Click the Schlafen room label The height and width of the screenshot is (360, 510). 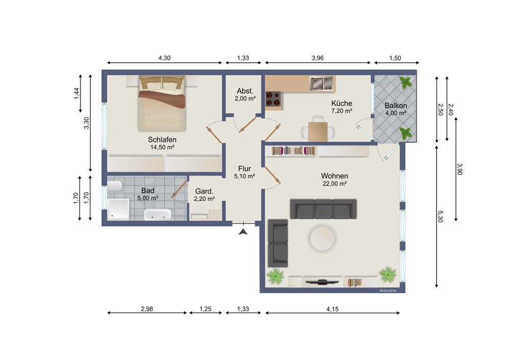pyautogui.click(x=162, y=139)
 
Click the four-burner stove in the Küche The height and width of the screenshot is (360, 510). pyautogui.click(x=274, y=99)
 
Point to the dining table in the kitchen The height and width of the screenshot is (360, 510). pyautogui.click(x=319, y=131)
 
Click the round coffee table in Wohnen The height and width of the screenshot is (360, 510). pyautogui.click(x=322, y=238)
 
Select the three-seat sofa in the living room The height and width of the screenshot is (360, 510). pyautogui.click(x=323, y=209)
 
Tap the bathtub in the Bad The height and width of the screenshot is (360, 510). pyautogui.click(x=158, y=214)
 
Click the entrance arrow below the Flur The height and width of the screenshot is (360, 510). pyautogui.click(x=243, y=232)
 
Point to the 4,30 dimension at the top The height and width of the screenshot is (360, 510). pyautogui.click(x=164, y=58)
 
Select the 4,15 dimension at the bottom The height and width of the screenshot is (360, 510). pyautogui.click(x=332, y=308)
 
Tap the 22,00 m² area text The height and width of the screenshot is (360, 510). pyautogui.click(x=335, y=184)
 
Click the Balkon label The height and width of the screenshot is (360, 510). pyautogui.click(x=395, y=106)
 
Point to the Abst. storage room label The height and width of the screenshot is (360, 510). pyautogui.click(x=245, y=91)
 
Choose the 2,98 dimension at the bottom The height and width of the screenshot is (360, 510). pyautogui.click(x=147, y=308)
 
